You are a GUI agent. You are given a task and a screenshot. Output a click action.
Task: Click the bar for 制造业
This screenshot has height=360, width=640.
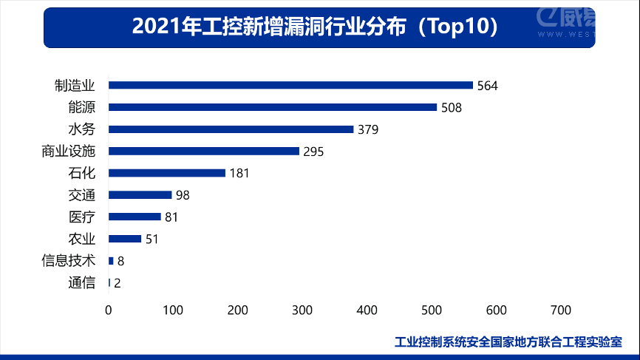point(290,85)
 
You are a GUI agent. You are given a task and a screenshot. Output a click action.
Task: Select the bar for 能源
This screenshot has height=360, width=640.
point(273,107)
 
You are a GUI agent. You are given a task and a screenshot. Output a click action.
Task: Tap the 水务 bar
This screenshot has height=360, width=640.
point(231,129)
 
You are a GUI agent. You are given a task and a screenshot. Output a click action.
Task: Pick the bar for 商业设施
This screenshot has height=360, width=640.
point(204,151)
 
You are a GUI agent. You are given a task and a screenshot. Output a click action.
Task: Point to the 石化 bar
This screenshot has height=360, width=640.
point(167,173)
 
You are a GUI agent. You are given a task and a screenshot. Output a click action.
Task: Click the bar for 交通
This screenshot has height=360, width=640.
point(140,195)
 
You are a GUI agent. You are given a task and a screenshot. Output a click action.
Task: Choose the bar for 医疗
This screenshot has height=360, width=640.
point(135,217)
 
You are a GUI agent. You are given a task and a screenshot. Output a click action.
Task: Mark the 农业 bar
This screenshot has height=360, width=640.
point(125,239)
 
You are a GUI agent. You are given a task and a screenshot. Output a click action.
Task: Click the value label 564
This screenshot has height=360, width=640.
point(488,86)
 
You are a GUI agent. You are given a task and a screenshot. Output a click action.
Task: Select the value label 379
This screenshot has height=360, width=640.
point(368,130)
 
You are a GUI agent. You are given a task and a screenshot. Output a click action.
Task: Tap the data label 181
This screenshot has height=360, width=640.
point(239,174)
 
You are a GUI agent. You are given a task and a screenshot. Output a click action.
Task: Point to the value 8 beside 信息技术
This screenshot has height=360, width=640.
point(120,261)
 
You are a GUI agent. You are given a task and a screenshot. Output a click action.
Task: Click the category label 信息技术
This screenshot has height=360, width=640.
point(69,261)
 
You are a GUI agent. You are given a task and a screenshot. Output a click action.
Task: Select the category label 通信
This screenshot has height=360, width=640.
point(81,282)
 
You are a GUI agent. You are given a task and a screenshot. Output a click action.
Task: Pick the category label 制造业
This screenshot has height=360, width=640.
point(75,85)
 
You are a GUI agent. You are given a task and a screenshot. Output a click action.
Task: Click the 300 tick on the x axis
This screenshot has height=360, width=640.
point(302,310)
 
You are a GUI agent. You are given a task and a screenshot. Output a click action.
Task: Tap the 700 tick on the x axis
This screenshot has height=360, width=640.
point(561,310)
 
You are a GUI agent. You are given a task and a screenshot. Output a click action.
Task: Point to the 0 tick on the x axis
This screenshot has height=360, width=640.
point(109,310)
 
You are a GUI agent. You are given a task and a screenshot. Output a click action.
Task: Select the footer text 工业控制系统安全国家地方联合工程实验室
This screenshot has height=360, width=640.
point(508,342)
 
